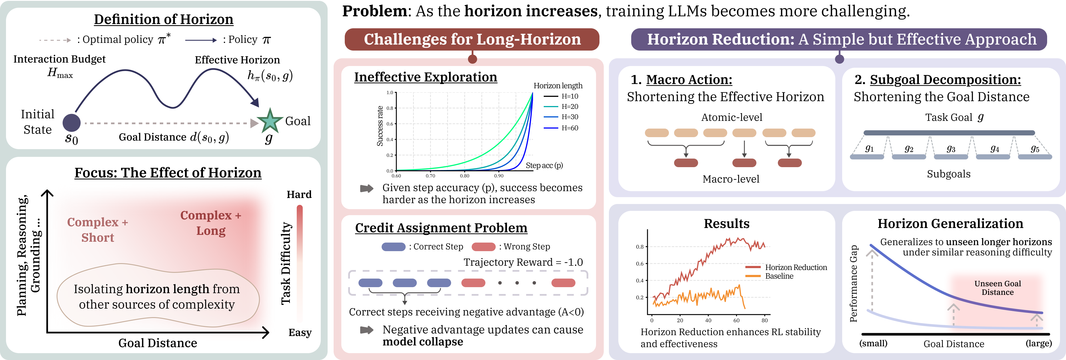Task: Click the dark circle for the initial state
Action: (x=71, y=123)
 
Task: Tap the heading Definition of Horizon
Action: (x=164, y=19)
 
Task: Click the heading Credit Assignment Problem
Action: (x=441, y=228)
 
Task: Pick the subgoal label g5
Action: (x=1035, y=149)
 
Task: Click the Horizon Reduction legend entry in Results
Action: (x=786, y=267)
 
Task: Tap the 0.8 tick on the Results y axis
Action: (x=640, y=247)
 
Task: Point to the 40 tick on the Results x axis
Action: (x=708, y=320)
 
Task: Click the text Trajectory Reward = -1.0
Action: (x=523, y=262)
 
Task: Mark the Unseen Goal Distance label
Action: (x=997, y=288)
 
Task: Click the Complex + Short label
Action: (x=98, y=230)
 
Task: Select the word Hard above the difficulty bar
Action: (x=299, y=195)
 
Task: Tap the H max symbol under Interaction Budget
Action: (x=60, y=73)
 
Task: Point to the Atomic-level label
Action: (x=732, y=117)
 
